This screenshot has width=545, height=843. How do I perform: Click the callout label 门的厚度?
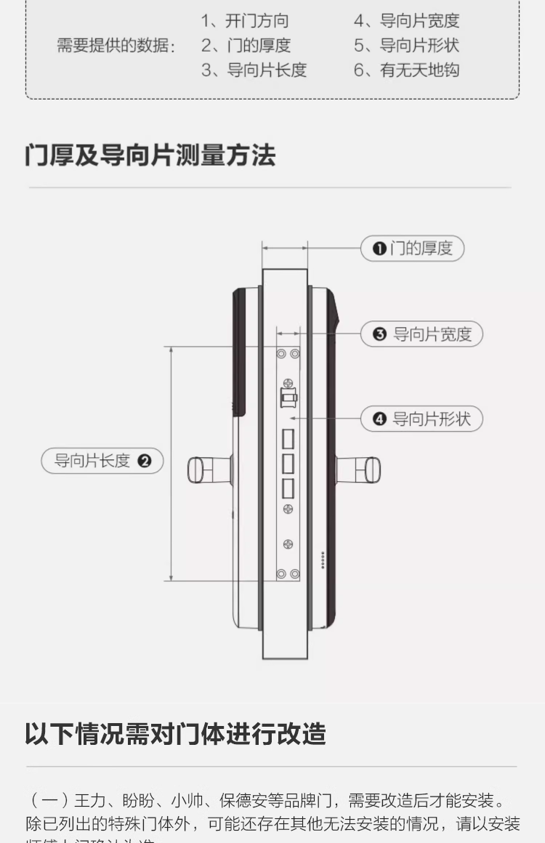coord(413,249)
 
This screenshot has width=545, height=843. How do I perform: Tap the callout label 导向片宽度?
coord(422,334)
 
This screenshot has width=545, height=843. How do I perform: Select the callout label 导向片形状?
coord(422,419)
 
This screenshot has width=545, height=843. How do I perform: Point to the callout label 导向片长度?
coord(102,461)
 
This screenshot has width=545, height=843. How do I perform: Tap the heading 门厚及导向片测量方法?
coord(150,156)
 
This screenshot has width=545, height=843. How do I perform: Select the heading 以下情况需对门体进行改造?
coord(175,733)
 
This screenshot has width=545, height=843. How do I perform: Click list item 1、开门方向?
coord(245,20)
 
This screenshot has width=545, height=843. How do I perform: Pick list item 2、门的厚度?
coord(246,45)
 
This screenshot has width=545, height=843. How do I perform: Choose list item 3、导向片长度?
coord(254,70)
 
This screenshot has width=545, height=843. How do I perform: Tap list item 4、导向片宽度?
coord(406,20)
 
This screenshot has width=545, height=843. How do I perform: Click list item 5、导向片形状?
coord(406,45)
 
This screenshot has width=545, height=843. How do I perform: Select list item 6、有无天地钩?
coord(406,70)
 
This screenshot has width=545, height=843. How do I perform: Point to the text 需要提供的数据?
coord(116,45)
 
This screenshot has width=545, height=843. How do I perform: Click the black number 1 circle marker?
coord(379,249)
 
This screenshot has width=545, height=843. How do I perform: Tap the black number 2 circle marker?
coord(145,461)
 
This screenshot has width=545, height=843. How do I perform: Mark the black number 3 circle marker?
coord(379,334)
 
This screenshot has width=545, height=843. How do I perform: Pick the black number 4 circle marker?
coord(379,419)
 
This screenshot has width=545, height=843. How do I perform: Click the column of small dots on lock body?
coord(323,560)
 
